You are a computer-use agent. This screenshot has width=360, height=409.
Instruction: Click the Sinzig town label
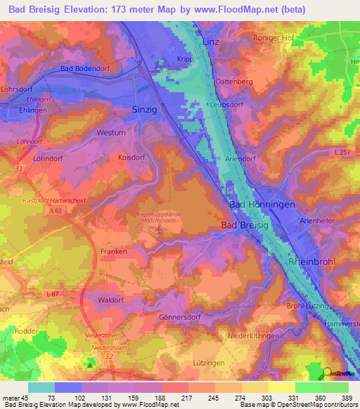[146, 110]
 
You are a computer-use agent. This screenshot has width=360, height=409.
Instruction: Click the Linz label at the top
[211, 42]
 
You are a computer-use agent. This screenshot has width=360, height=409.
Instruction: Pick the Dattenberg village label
[234, 82]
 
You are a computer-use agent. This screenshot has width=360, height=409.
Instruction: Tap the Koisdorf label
[132, 157]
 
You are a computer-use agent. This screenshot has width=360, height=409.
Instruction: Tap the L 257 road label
[342, 152]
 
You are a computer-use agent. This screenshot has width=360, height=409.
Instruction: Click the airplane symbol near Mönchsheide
[160, 229]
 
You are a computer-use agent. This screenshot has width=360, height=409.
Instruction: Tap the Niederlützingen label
[254, 337]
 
